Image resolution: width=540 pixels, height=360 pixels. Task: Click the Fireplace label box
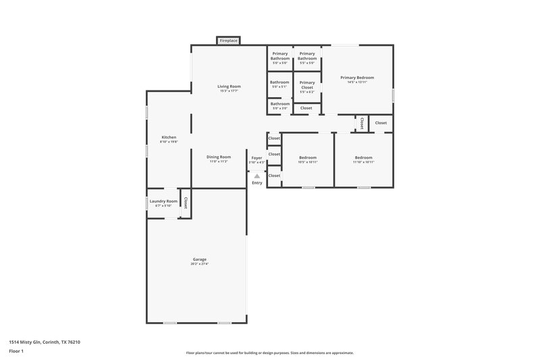228,41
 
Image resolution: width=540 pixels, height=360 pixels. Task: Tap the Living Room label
229,86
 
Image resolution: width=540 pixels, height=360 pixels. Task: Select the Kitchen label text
168,138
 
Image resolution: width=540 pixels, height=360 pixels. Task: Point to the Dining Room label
219,157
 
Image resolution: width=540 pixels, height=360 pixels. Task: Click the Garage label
199,259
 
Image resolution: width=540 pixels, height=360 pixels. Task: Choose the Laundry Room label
163,201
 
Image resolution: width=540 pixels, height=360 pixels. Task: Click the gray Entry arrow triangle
256,176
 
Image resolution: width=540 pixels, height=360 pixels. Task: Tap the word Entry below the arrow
256,183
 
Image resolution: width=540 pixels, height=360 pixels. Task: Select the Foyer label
256,158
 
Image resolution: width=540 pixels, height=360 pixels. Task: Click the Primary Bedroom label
356,78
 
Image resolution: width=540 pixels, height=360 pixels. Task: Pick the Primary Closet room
307,84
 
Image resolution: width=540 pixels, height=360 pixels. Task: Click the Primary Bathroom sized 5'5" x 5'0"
307,57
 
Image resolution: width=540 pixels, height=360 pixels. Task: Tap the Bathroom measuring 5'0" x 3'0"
279,105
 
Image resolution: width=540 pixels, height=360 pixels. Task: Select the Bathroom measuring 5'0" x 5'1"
279,84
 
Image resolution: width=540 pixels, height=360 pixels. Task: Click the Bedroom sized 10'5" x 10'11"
307,159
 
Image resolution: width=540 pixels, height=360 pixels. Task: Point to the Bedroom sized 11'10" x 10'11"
363,159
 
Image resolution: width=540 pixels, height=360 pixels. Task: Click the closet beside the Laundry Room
185,203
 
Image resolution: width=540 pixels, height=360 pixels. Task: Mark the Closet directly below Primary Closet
306,108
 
